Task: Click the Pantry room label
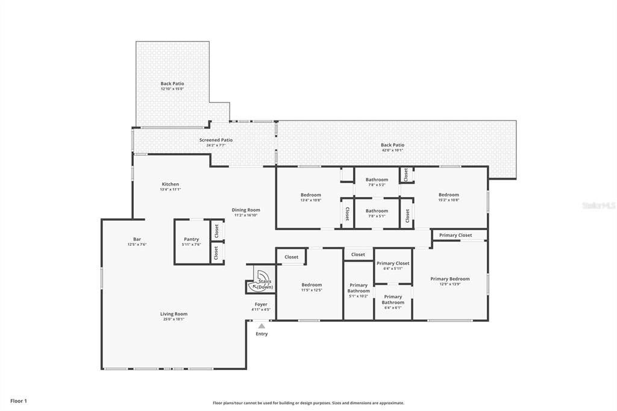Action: pos(191,239)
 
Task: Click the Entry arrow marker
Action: pos(262,326)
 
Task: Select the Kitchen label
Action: pos(170,184)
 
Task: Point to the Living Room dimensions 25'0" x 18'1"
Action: pos(174,319)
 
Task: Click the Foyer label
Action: pos(261,304)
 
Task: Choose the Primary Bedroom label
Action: pos(449,279)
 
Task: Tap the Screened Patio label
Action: pos(216,140)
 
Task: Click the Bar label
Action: pos(137,239)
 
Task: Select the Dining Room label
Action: pos(246,210)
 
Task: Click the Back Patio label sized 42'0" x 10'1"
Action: pos(392,145)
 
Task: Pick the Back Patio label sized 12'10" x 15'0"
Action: pos(172,84)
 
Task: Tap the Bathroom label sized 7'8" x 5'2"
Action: pos(377,180)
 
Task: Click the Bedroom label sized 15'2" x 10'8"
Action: pos(448,195)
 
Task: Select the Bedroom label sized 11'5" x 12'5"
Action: pos(312,285)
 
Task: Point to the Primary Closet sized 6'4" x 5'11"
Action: pos(393,263)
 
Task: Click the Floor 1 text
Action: pos(19,401)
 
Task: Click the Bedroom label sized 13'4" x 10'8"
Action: pos(311,195)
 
